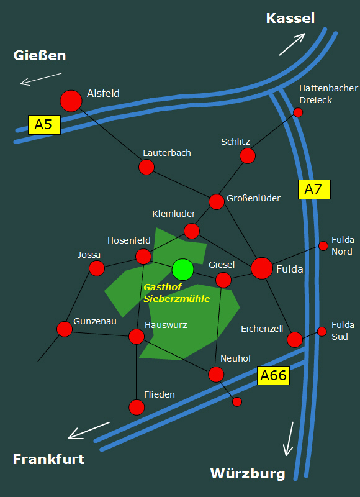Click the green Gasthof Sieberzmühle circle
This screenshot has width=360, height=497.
[182, 270]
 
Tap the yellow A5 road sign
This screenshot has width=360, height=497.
[44, 125]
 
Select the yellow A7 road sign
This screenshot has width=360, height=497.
[314, 189]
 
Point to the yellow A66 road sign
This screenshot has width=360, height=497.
[273, 376]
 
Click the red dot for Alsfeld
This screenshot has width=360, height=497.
[71, 101]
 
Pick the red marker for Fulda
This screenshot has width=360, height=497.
[262, 268]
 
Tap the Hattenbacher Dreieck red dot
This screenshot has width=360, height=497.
[298, 112]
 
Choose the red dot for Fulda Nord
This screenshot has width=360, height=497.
[323, 245]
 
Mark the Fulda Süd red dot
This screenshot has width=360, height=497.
[322, 332]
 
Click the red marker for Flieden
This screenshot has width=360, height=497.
[137, 408]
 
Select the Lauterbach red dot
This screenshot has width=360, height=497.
[146, 167]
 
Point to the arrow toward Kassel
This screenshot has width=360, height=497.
[292, 44]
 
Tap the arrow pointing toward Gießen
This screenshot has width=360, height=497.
[41, 79]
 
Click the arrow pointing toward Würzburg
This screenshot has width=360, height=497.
[289, 439]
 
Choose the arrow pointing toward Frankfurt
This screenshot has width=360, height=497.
[89, 431]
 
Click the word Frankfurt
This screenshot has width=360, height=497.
[49, 459]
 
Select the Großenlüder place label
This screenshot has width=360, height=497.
[254, 198]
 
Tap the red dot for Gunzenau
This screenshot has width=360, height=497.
[65, 329]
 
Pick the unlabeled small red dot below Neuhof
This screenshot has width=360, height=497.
[237, 401]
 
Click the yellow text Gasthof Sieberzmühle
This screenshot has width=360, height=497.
[177, 293]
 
